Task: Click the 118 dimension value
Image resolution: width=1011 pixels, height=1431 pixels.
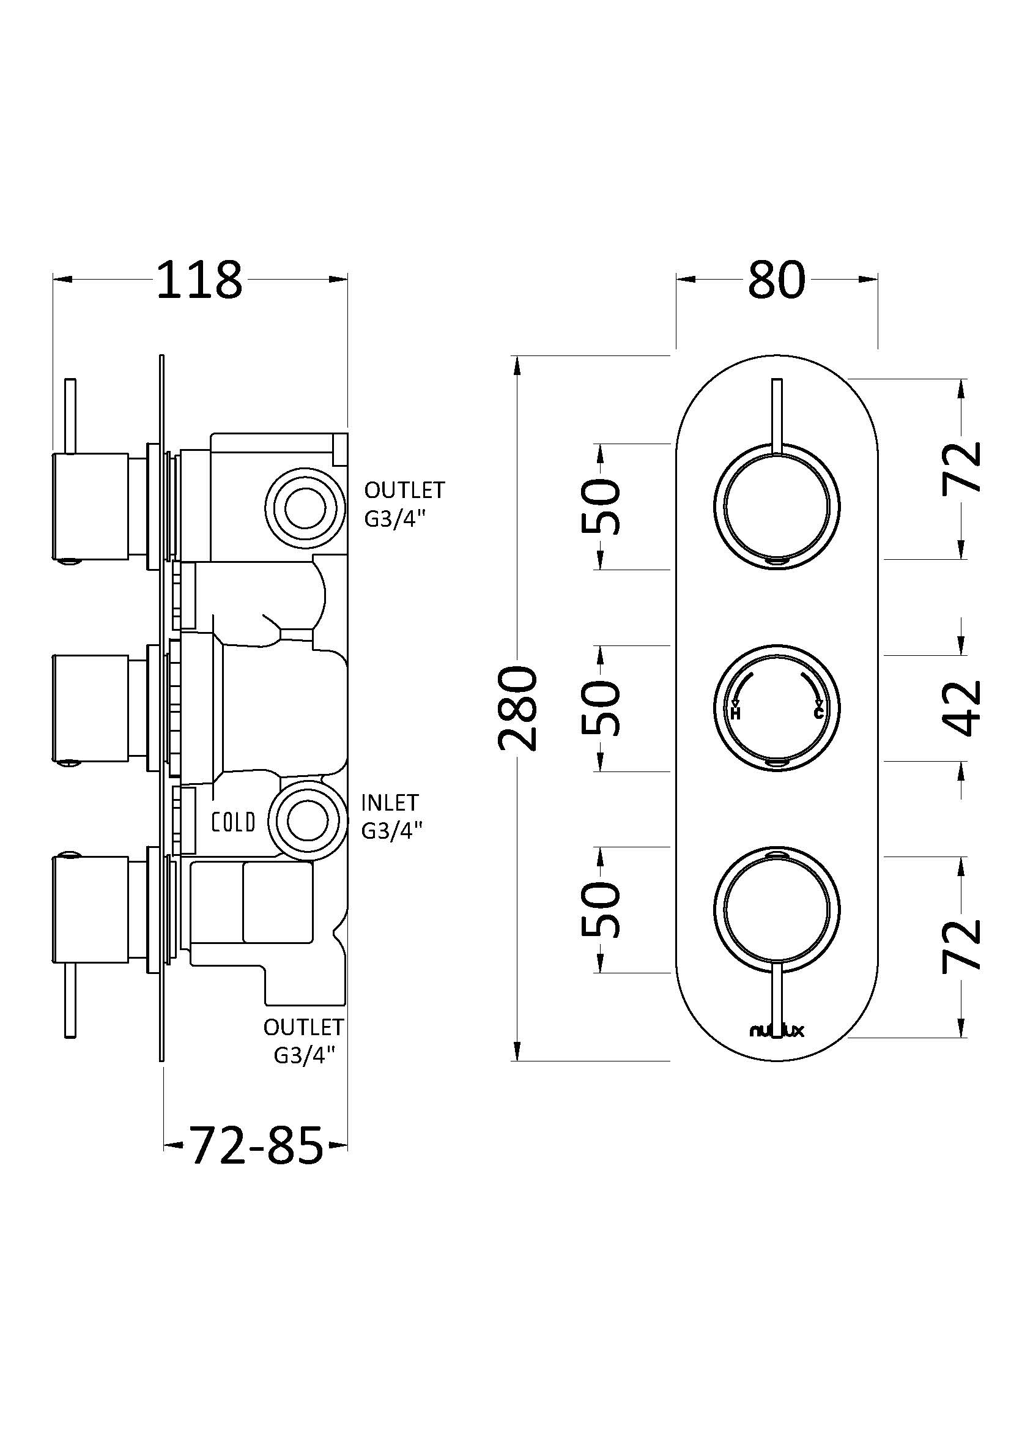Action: tap(199, 280)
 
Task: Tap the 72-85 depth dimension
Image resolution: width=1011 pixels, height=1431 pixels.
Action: tap(256, 1145)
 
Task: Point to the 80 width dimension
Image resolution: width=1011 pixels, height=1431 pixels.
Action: tap(776, 280)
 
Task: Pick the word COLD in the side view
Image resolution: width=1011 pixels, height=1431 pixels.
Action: tap(234, 822)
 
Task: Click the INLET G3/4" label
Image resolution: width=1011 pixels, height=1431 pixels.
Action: tap(392, 816)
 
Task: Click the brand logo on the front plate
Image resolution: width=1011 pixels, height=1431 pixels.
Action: tap(776, 1031)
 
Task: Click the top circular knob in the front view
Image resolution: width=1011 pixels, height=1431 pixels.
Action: tap(776, 506)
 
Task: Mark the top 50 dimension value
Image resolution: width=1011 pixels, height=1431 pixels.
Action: tap(602, 506)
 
